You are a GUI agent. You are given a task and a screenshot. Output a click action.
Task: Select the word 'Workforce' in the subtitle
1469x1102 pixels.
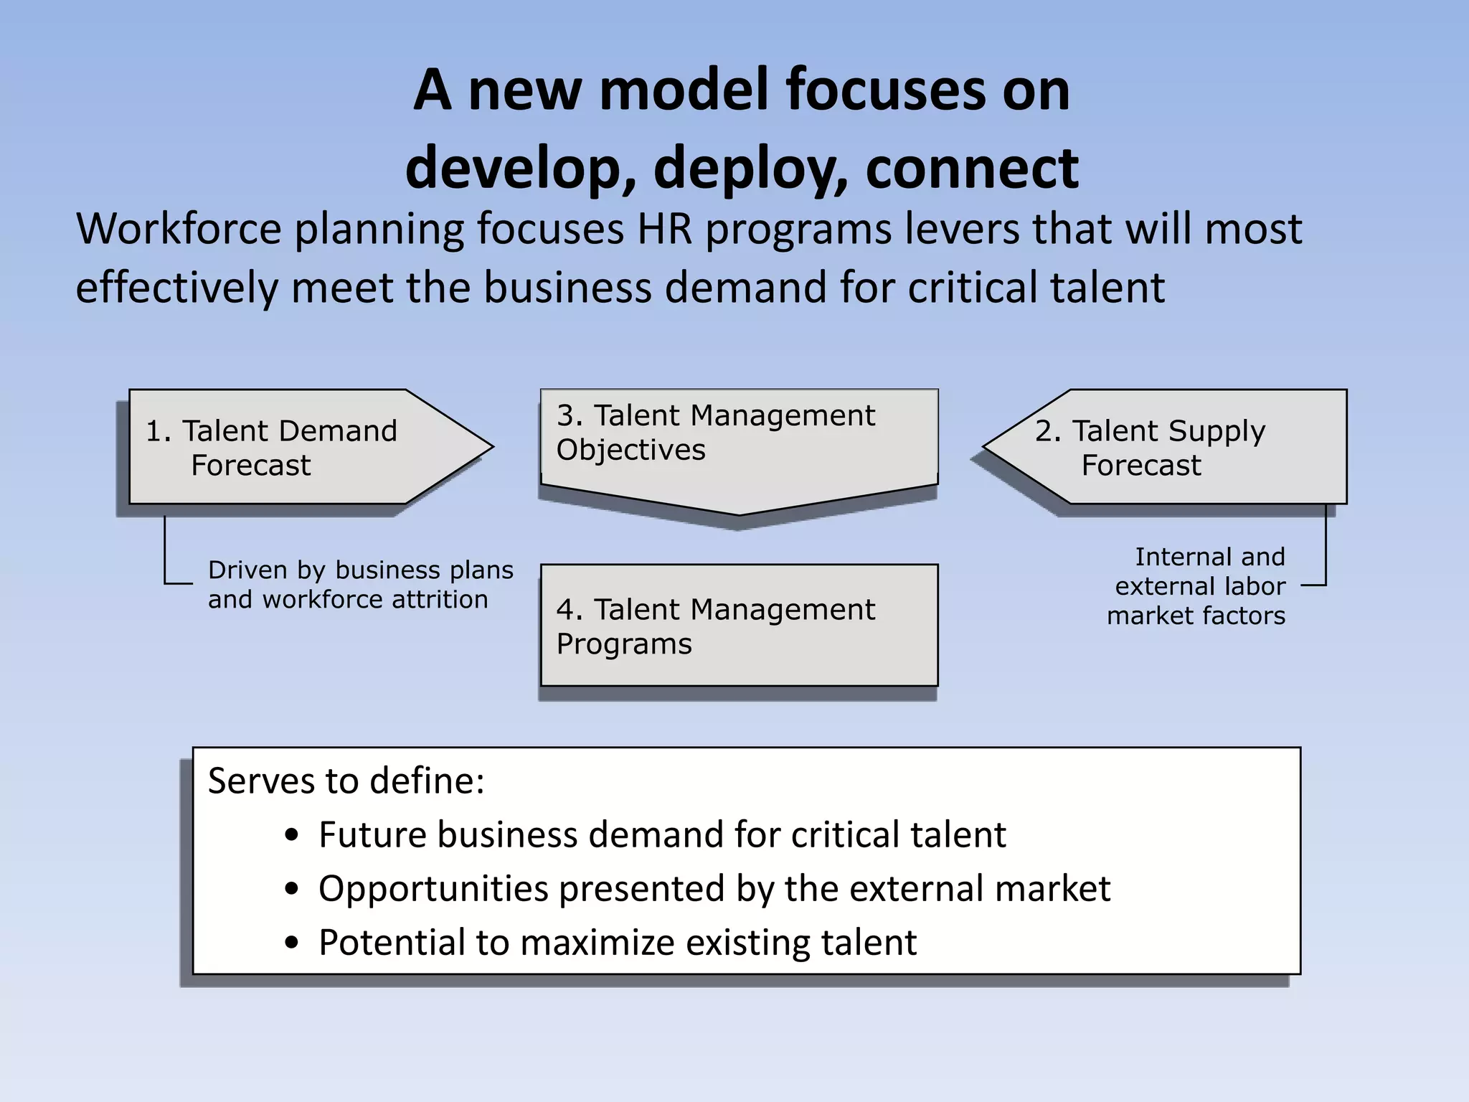[x=179, y=230]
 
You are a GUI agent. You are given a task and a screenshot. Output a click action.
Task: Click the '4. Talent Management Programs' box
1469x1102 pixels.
[x=739, y=626]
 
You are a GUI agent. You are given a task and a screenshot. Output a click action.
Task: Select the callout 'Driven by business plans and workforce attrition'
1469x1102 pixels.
[x=360, y=585]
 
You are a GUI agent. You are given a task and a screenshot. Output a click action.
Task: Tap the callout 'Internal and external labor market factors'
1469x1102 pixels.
[x=1196, y=586]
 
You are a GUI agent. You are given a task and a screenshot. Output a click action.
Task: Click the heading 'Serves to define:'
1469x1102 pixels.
[x=346, y=781]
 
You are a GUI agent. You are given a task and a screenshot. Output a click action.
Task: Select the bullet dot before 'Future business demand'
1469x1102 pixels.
[x=291, y=836]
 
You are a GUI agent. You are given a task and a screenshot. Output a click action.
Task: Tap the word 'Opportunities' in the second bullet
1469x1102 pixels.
[x=434, y=890]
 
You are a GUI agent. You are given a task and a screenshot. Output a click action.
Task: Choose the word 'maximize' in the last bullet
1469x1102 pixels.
[x=597, y=943]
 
